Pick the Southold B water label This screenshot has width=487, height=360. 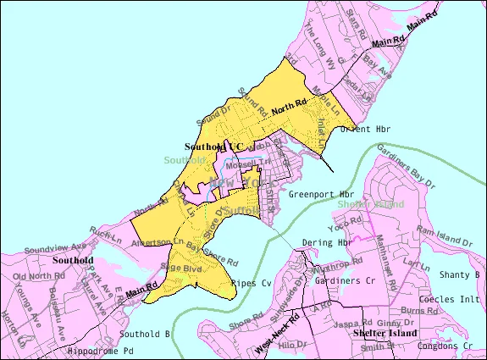(145, 333)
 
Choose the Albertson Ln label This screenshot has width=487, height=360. (158, 241)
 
